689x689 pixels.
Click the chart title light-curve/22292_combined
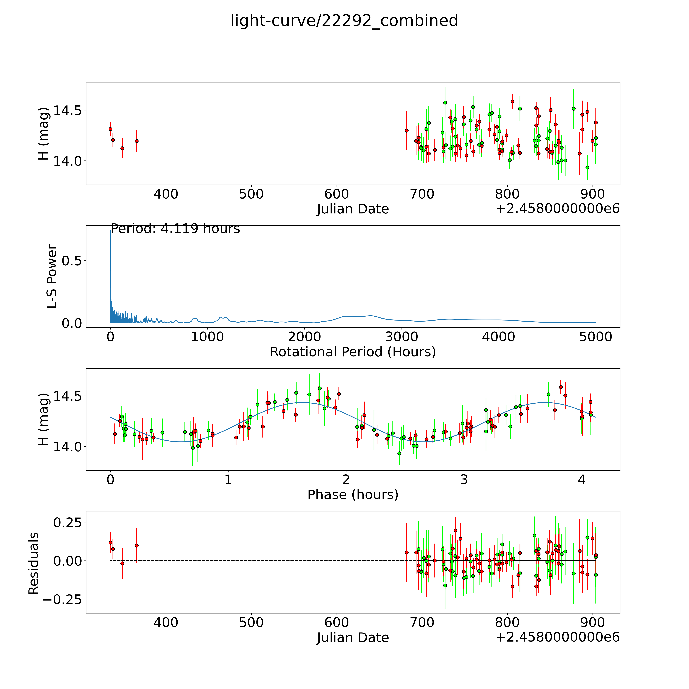point(344,21)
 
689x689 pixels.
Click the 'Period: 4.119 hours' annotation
point(175,229)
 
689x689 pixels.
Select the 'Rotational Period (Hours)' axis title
point(353,352)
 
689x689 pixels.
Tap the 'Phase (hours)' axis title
point(353,495)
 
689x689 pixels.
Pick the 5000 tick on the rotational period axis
point(596,337)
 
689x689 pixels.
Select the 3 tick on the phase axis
point(464,480)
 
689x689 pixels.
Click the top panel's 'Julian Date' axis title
point(353,209)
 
